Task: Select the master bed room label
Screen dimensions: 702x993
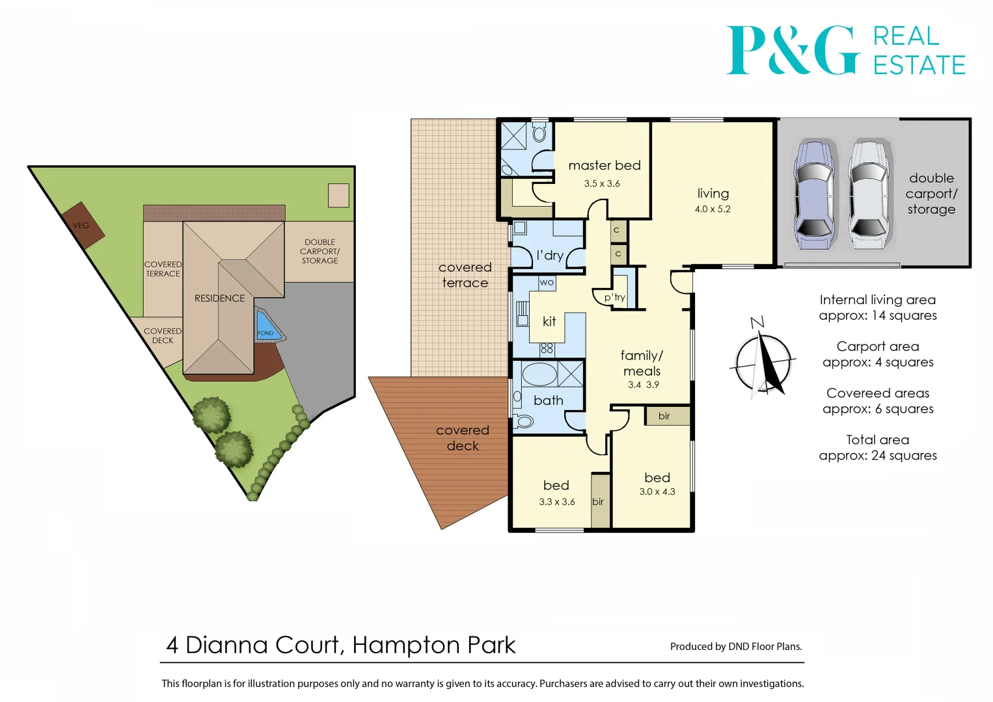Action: pyautogui.click(x=604, y=166)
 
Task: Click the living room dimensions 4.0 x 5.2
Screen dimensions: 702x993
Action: pyautogui.click(x=713, y=209)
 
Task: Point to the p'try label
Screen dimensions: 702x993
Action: pyautogui.click(x=614, y=298)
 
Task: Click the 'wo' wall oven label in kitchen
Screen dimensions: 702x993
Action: pyautogui.click(x=547, y=282)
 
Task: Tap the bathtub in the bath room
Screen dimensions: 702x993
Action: pyautogui.click(x=539, y=375)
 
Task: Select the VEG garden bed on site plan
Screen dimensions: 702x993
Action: pyautogui.click(x=83, y=225)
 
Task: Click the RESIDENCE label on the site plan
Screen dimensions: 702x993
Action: pyautogui.click(x=219, y=298)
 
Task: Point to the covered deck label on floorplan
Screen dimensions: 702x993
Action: pyautogui.click(x=463, y=438)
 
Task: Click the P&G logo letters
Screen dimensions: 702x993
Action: pyautogui.click(x=791, y=50)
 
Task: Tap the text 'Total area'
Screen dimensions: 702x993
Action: pyautogui.click(x=877, y=440)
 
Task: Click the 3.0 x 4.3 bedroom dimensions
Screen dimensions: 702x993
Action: pyautogui.click(x=657, y=492)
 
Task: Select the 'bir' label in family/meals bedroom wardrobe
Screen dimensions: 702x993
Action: pyautogui.click(x=664, y=416)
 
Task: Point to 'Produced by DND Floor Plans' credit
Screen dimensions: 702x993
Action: pyautogui.click(x=736, y=646)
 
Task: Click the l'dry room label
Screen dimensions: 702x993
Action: pyautogui.click(x=549, y=255)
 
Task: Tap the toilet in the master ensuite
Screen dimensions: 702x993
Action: pyautogui.click(x=539, y=134)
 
